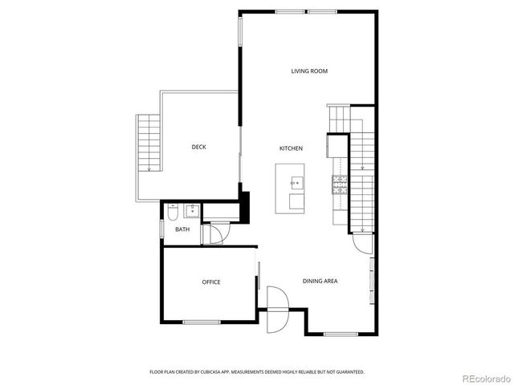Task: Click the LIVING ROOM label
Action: tap(309, 71)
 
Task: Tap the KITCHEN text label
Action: tap(290, 148)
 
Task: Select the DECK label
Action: tap(198, 147)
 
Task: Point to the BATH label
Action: tap(182, 229)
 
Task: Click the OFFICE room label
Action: tap(210, 282)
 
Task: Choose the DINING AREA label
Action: tap(319, 281)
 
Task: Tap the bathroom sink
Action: tap(191, 211)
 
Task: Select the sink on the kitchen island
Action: tap(295, 182)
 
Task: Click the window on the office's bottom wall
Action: tap(201, 322)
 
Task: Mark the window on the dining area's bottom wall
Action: tap(340, 333)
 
